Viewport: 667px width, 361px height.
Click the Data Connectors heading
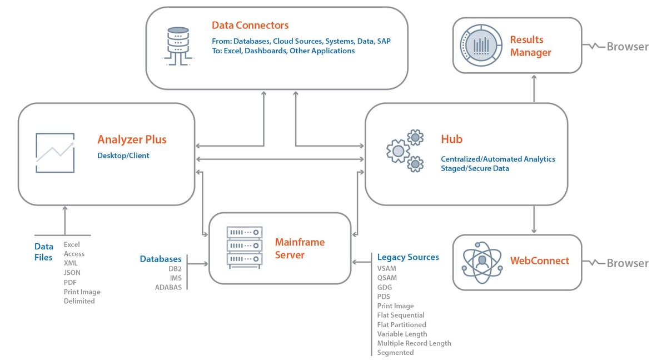(250, 26)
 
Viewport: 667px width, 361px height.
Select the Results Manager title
(530, 46)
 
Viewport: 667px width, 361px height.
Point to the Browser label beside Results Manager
(627, 47)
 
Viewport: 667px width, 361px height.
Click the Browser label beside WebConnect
(627, 263)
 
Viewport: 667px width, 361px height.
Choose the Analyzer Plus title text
(132, 139)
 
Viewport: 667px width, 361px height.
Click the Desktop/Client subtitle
(123, 156)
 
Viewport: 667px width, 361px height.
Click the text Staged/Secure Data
(475, 168)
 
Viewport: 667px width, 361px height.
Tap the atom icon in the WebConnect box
(482, 262)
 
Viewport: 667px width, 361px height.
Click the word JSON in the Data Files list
(72, 273)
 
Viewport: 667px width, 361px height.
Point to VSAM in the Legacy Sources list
(387, 268)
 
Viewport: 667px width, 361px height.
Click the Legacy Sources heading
(408, 257)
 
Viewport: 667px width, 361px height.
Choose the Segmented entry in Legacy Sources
(395, 353)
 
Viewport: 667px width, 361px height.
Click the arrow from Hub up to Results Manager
(534, 88)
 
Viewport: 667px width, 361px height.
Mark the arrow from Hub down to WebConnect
(534, 220)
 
